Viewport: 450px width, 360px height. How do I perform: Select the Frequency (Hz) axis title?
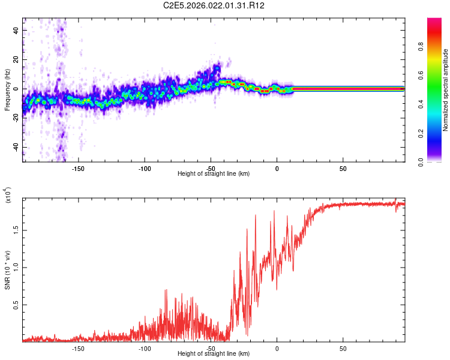click(x=7, y=89)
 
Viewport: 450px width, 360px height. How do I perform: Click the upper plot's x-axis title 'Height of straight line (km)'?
click(x=214, y=173)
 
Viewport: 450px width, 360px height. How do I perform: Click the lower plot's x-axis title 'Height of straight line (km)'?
click(x=214, y=353)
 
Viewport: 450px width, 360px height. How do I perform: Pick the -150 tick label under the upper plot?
click(x=78, y=169)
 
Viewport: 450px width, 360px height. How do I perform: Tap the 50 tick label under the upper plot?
click(x=343, y=169)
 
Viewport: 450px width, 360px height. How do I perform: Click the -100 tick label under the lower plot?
click(x=144, y=347)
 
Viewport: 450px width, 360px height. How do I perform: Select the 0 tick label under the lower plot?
click(x=277, y=347)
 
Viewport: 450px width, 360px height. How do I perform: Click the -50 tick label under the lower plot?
click(x=211, y=347)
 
